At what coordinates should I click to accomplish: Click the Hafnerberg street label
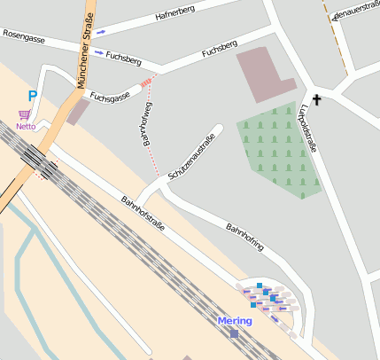coord(174,14)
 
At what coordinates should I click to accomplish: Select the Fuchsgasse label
coord(110,91)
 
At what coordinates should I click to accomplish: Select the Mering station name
coord(234,320)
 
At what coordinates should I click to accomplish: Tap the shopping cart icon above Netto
coord(24,114)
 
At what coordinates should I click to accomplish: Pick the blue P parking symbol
coord(33,96)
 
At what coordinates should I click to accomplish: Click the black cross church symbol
coord(316,100)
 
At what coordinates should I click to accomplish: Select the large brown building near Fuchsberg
coord(262,74)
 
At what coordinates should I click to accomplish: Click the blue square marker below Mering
coord(234,333)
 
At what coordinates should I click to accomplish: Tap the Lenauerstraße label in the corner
coord(352,12)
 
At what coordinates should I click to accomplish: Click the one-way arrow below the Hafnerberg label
coord(100,32)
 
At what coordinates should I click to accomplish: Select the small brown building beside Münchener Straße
coord(78,111)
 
